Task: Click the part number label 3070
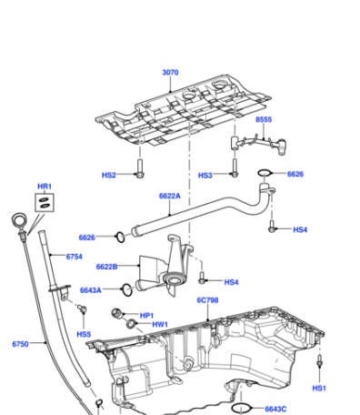click(170, 73)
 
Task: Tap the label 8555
click(264, 119)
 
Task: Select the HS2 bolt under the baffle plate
click(140, 168)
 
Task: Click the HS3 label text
click(205, 176)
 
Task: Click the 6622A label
click(170, 196)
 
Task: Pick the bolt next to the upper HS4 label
click(272, 226)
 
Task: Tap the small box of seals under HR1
click(45, 203)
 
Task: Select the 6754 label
click(75, 257)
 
